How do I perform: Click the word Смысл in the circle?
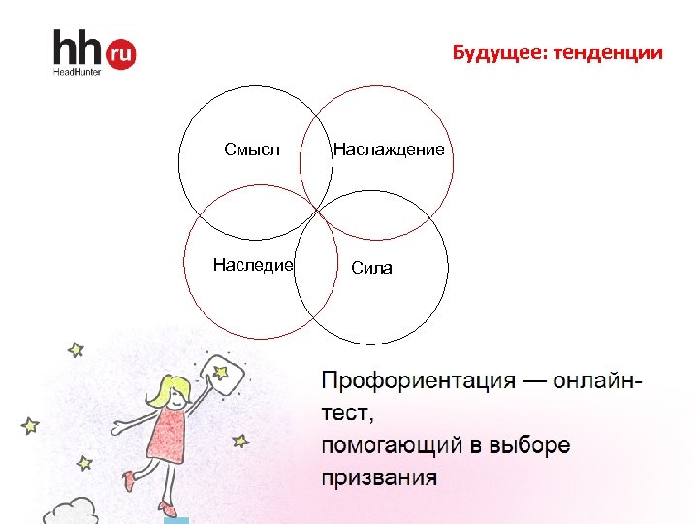pos(251,149)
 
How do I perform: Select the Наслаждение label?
pos(389,149)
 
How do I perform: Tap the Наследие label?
pos(253,265)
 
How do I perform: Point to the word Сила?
pos(372,268)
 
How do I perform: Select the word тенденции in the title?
pos(609,52)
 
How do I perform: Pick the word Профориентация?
pos(417,379)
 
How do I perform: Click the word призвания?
pos(379,477)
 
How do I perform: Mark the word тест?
pos(344,413)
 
